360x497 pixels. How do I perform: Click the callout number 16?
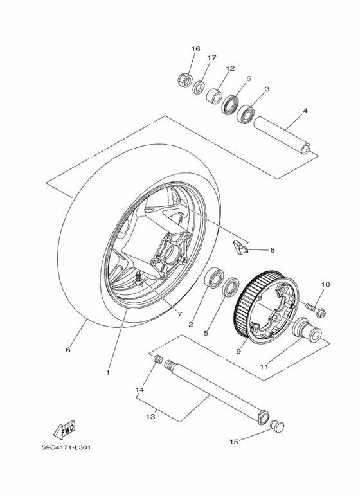point(196,49)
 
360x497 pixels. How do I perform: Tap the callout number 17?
point(212,58)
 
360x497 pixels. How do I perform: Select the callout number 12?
point(230,68)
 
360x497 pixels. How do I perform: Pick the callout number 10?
point(325,284)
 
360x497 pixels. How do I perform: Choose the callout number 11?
point(264,366)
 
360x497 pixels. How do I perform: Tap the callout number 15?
point(235,442)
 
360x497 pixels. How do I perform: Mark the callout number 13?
point(150,417)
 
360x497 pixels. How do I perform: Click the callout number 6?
point(68,350)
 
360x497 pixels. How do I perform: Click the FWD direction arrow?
point(65,428)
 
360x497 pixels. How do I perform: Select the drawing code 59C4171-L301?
point(64,448)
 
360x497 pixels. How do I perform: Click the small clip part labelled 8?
point(239,245)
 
